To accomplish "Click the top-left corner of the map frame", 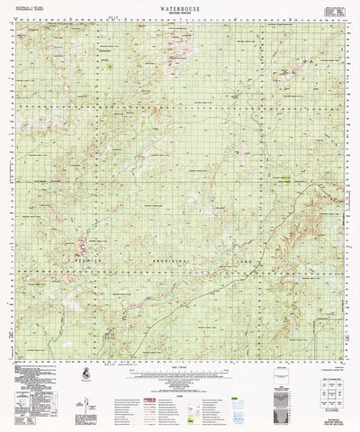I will (x=20, y=24).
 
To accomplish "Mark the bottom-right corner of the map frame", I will (x=343, y=354).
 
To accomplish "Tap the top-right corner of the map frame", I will (x=343, y=24).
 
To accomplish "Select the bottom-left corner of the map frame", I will (x=20, y=354).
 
